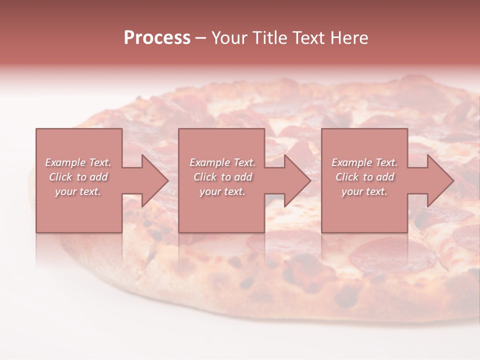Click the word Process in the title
tap(157, 38)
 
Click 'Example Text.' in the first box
tap(78, 162)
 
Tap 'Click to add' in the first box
tap(78, 177)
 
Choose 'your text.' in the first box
tap(78, 191)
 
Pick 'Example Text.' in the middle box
tap(222, 162)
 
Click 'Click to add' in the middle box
tap(222, 177)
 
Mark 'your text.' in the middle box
tap(222, 191)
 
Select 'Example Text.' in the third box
tap(364, 162)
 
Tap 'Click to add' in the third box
tap(364, 177)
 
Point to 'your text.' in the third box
tap(364, 191)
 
